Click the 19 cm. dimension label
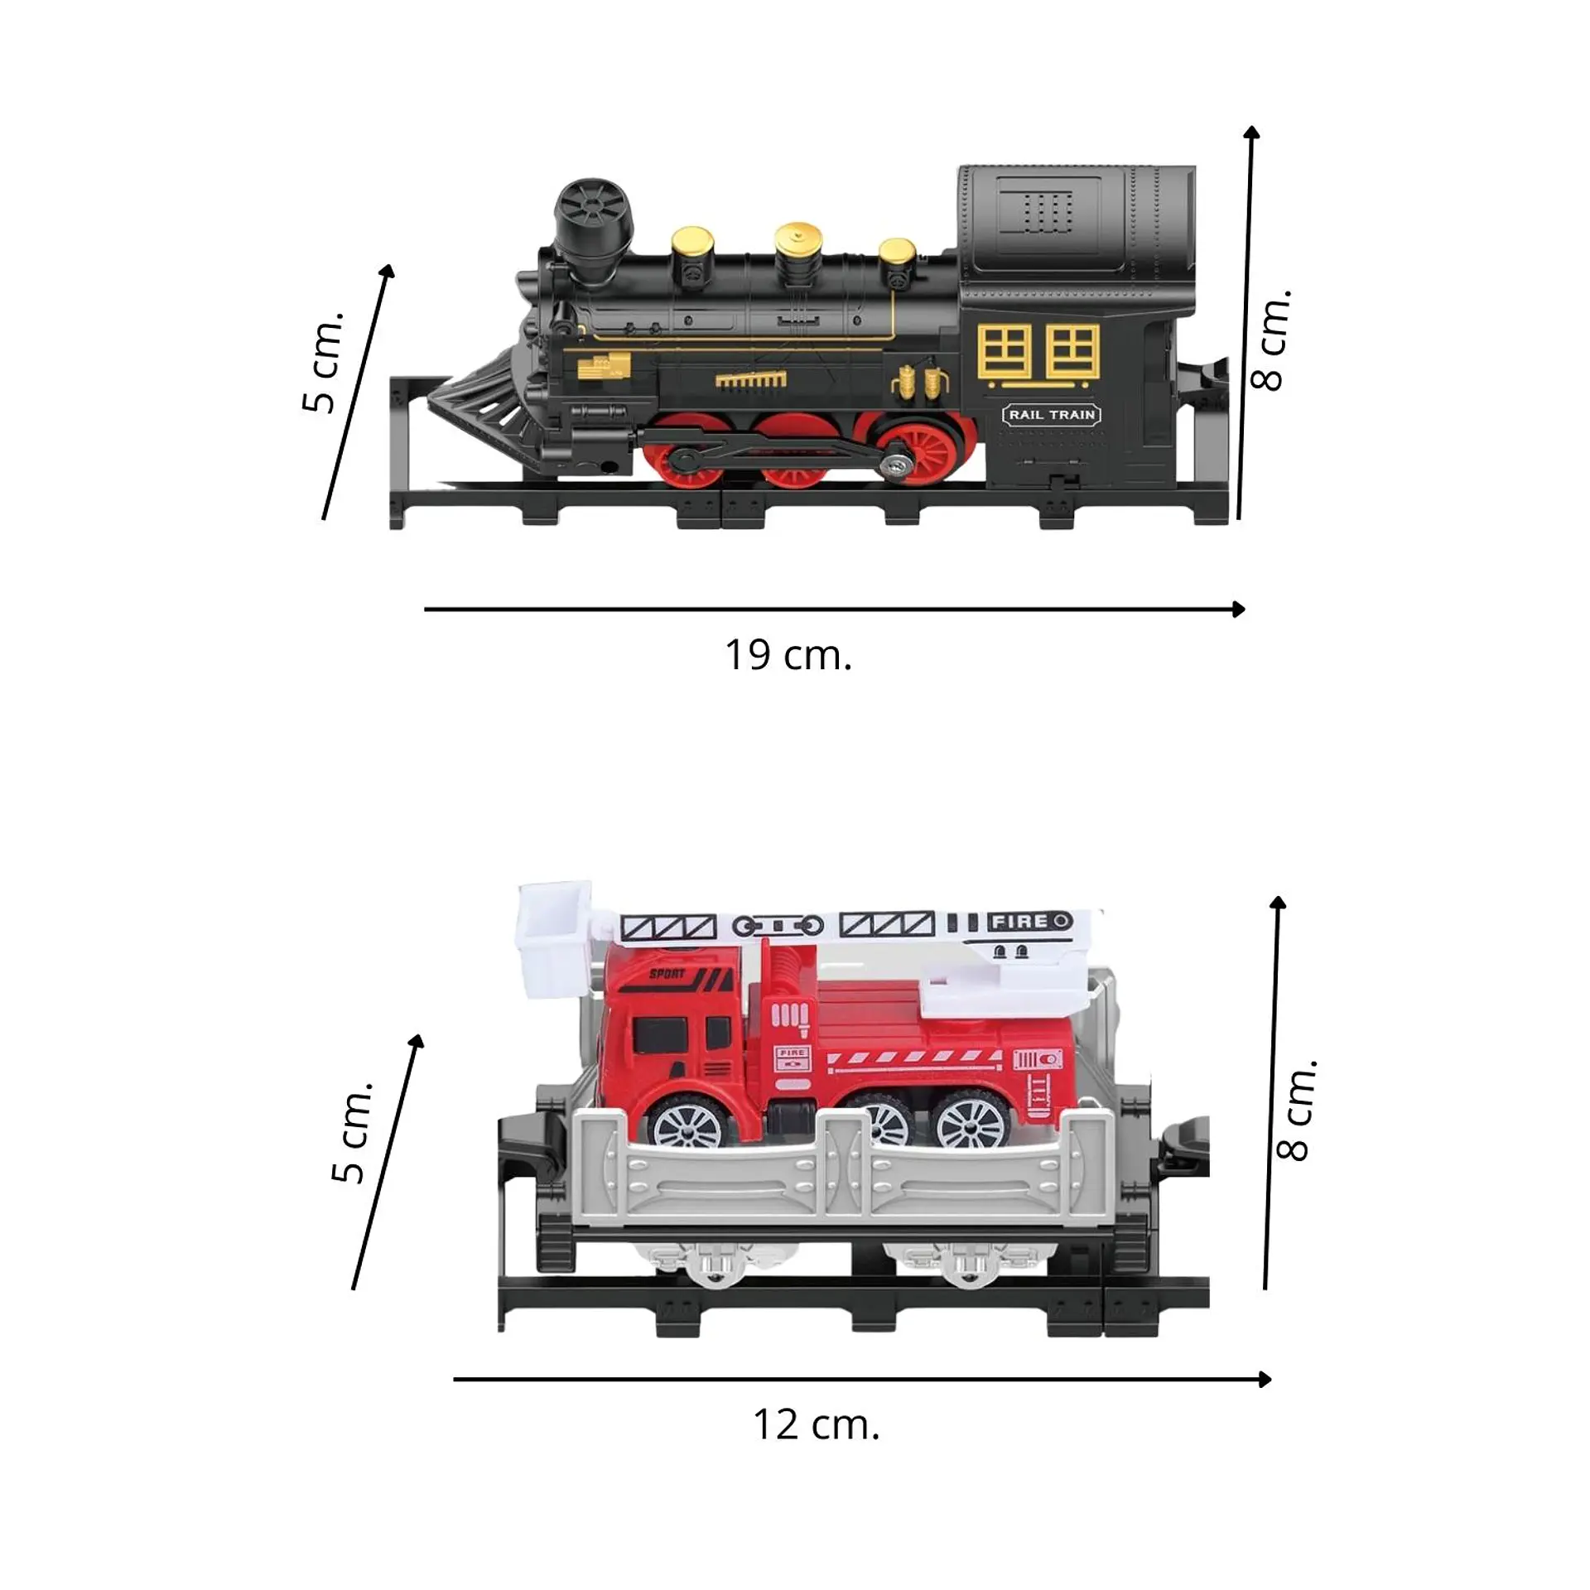(788, 655)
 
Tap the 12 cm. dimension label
(816, 1424)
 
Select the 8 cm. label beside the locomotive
(1270, 340)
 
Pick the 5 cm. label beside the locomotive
(322, 362)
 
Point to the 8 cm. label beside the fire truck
(1296, 1110)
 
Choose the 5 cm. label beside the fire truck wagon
(352, 1132)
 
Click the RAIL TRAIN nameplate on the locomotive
(1052, 414)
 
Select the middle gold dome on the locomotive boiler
(798, 246)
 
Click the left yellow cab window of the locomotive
(1005, 352)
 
